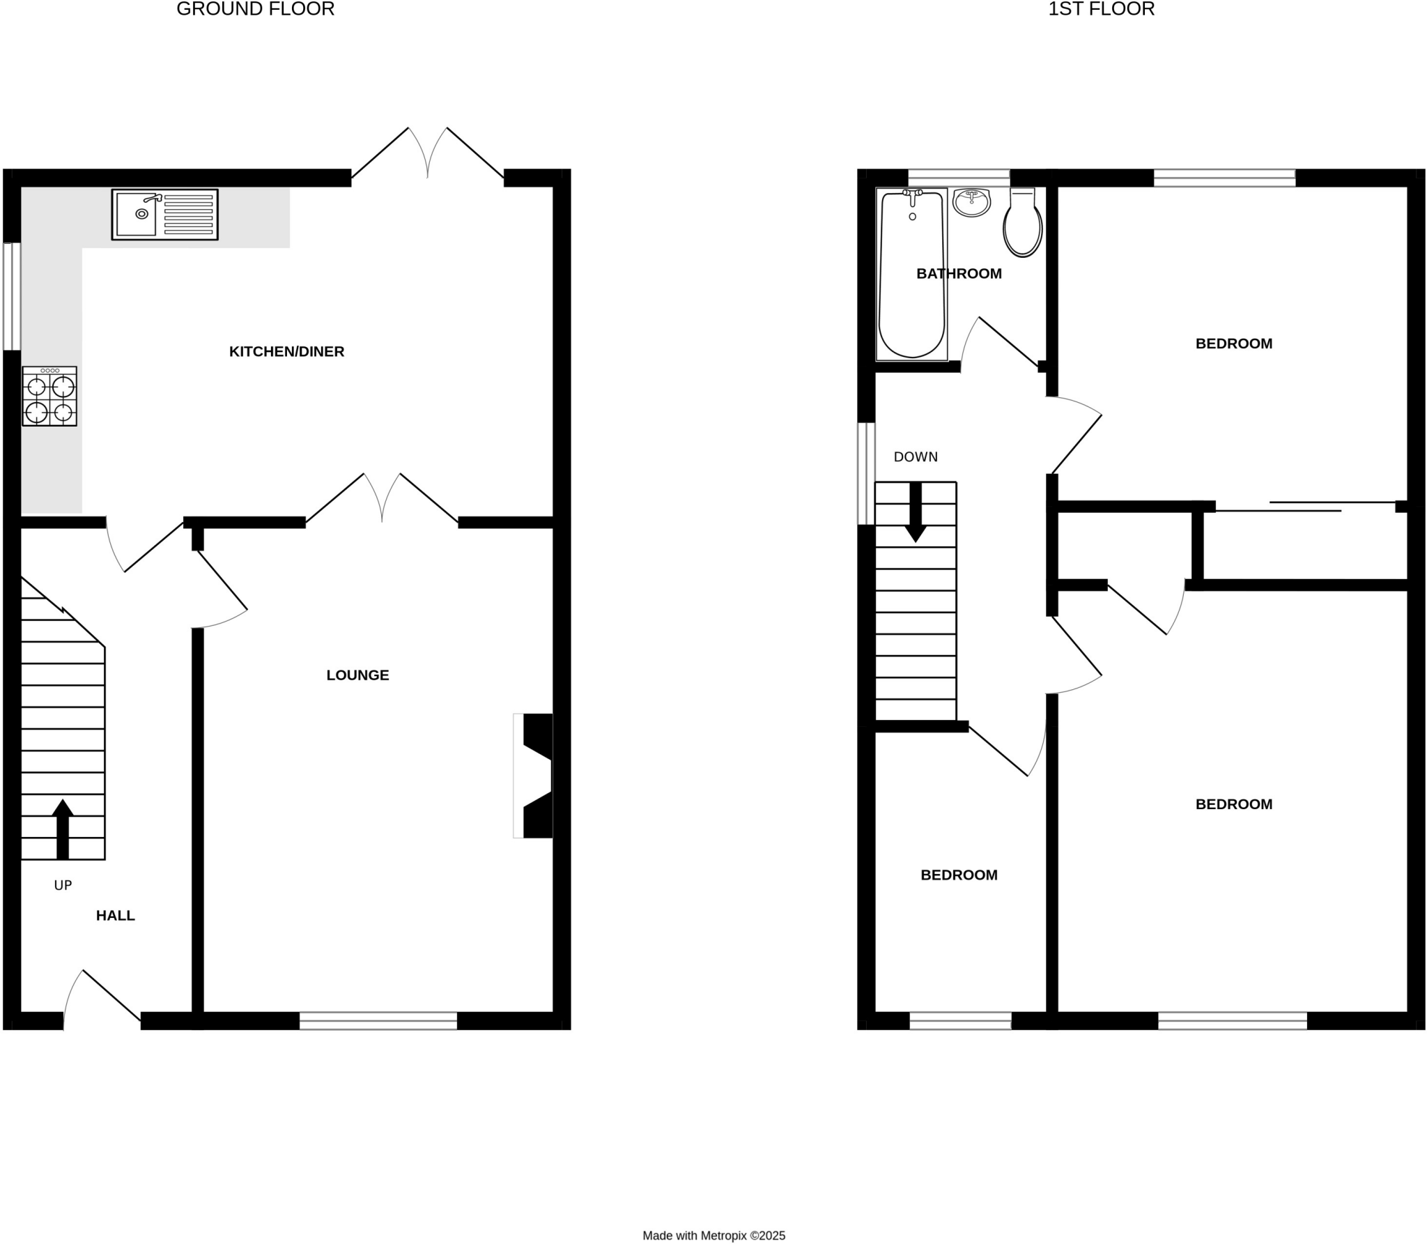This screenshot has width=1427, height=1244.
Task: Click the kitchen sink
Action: [164, 214]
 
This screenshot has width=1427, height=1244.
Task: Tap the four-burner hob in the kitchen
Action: [49, 397]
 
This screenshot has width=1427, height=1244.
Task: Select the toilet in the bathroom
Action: [1022, 223]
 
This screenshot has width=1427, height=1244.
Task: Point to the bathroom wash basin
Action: [971, 202]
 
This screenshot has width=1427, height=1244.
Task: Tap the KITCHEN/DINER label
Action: [286, 352]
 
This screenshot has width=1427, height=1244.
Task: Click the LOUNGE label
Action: [357, 675]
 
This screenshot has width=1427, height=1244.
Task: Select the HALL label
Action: [116, 916]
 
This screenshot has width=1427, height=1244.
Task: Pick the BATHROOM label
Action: [959, 274]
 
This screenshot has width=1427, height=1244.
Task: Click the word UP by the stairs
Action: [63, 886]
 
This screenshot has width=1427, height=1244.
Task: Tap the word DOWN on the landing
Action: [916, 457]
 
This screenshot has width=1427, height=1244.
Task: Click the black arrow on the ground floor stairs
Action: [63, 829]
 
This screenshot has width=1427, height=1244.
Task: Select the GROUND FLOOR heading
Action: [256, 9]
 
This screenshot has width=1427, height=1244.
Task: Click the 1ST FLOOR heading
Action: [1102, 9]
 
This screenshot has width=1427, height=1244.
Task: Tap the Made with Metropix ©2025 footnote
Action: [713, 1236]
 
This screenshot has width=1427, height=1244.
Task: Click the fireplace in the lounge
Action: [535, 776]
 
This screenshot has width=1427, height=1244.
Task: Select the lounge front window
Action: [378, 1021]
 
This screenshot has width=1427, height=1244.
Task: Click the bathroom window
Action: [959, 177]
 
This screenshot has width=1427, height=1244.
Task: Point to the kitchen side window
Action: [12, 296]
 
